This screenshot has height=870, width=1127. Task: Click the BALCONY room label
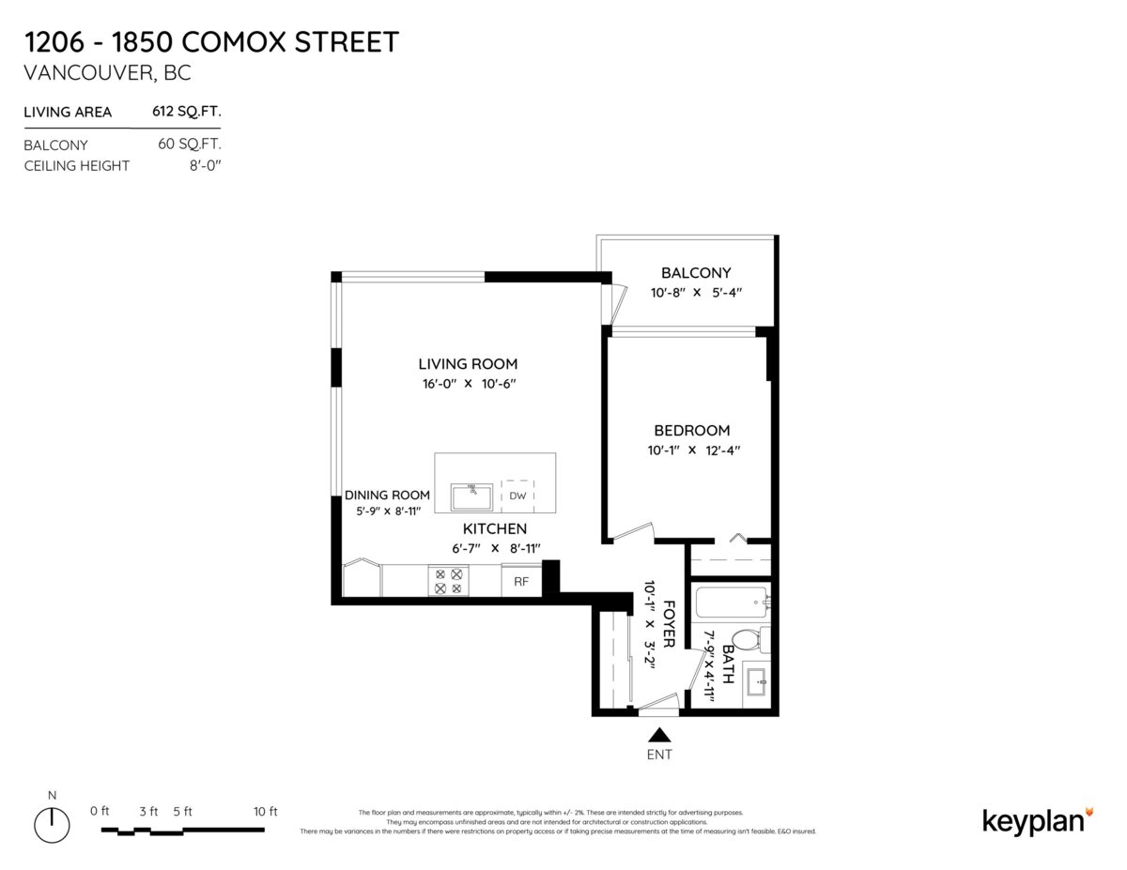(x=695, y=273)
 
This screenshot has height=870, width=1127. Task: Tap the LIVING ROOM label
(x=468, y=364)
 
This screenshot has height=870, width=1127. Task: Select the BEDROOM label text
(x=691, y=431)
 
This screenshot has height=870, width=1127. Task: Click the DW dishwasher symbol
(x=517, y=496)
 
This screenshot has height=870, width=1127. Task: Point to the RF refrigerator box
(x=521, y=582)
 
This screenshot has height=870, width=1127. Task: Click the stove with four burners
(x=447, y=581)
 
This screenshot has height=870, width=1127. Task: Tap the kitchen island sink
(x=471, y=495)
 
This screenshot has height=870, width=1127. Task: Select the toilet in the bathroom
(x=747, y=641)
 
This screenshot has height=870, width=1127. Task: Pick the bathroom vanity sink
(x=756, y=682)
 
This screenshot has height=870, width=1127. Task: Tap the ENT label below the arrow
(x=659, y=755)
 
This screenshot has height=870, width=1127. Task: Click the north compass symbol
(x=53, y=824)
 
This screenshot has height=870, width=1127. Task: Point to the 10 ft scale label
(x=266, y=811)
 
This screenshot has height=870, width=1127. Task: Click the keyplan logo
(x=1038, y=820)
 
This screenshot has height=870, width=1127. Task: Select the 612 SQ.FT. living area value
(x=187, y=112)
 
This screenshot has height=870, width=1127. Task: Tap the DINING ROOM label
(x=387, y=495)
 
